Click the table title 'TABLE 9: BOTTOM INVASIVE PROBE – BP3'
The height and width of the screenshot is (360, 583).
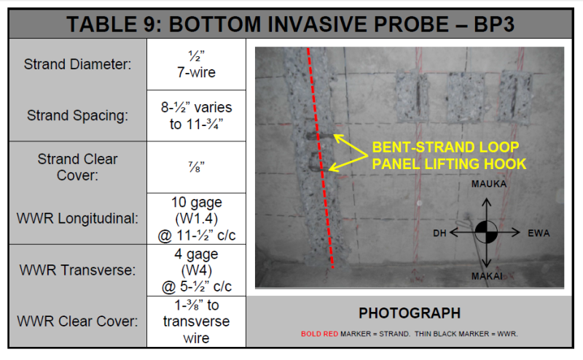[290, 24]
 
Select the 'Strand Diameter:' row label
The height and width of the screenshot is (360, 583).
[78, 64]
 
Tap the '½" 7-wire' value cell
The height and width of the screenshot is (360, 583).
[196, 64]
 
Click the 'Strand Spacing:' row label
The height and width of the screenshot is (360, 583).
[78, 116]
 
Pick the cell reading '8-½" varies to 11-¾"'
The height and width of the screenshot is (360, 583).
[196, 116]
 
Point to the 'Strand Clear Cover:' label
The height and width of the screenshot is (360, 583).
[78, 167]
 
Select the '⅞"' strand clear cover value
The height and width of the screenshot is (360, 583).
[196, 167]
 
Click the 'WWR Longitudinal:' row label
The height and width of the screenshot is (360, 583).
[78, 219]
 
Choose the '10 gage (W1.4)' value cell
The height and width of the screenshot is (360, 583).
[196, 219]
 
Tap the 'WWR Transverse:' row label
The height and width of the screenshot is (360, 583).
[78, 270]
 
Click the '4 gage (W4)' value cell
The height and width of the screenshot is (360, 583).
[196, 270]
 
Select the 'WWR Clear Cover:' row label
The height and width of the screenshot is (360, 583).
[78, 321]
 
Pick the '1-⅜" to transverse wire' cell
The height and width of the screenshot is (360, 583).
[196, 321]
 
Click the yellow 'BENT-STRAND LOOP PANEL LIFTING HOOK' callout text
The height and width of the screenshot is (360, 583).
[449, 155]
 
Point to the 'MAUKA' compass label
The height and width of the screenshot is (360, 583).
[489, 184]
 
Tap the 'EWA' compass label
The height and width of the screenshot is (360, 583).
[539, 233]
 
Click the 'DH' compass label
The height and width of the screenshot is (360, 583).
[439, 233]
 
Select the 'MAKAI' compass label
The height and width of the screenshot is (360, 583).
[487, 276]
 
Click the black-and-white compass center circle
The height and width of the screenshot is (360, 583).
[486, 232]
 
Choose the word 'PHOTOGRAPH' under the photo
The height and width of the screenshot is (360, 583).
[410, 313]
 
